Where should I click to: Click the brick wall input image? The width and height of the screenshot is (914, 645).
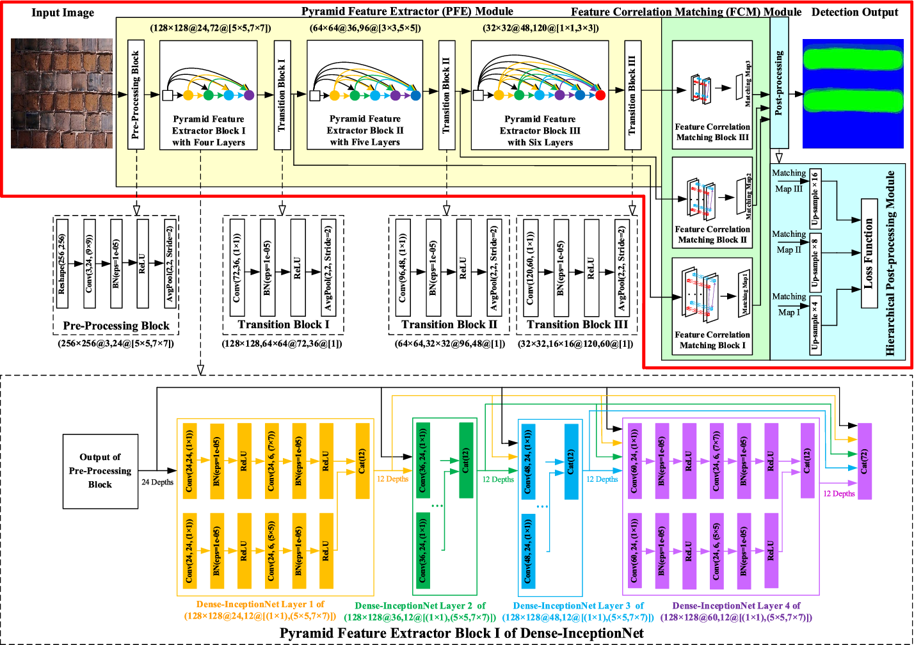62,93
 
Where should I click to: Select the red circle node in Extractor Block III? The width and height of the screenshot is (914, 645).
600,96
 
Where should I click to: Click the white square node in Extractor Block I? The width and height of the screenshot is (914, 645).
168,96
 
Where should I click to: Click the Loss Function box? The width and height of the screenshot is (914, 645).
869,253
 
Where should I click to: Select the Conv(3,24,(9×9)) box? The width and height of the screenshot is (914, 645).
89,267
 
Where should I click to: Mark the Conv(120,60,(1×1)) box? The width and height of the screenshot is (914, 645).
531,268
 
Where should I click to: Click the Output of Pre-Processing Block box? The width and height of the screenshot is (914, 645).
100,471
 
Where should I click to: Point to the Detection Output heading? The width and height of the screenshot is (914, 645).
854,12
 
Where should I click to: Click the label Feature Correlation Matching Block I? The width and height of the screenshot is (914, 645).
712,340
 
